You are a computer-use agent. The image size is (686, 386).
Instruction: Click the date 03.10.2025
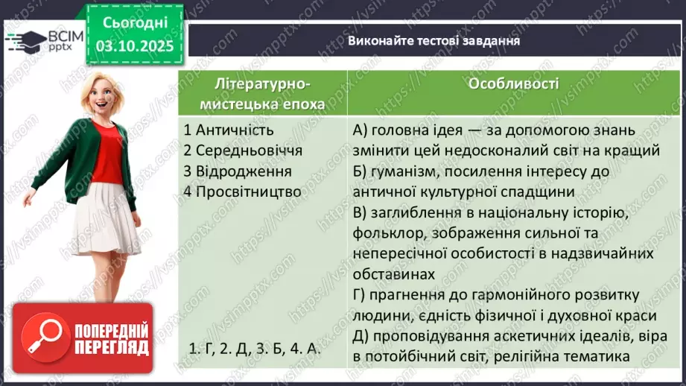pyautogui.click(x=134, y=46)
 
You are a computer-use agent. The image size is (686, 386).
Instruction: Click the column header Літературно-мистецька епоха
pyautogui.click(x=262, y=93)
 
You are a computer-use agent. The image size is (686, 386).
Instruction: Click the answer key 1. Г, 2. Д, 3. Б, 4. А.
pyautogui.click(x=254, y=349)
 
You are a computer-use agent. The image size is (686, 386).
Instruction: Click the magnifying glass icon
pyautogui.click(x=42, y=338)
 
